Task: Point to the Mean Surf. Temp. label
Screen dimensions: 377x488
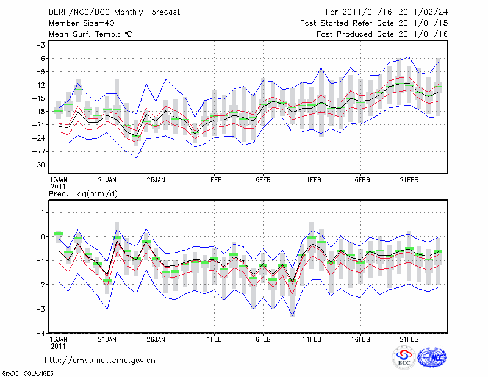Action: pyautogui.click(x=90, y=34)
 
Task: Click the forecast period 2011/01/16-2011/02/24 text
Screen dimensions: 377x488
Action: pyautogui.click(x=387, y=12)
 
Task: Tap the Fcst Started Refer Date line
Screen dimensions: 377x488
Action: pyautogui.click(x=374, y=23)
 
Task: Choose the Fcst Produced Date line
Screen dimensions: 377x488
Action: pyautogui.click(x=382, y=34)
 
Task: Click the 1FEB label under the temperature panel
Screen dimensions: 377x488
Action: pyautogui.click(x=214, y=181)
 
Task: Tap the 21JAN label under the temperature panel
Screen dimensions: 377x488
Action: pyautogui.click(x=107, y=181)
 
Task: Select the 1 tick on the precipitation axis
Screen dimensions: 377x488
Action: pyautogui.click(x=43, y=212)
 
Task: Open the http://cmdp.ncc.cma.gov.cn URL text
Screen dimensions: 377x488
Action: pyautogui.click(x=100, y=361)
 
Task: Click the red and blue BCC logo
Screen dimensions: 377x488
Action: pyautogui.click(x=404, y=358)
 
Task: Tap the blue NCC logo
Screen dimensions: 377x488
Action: pyautogui.click(x=431, y=358)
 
